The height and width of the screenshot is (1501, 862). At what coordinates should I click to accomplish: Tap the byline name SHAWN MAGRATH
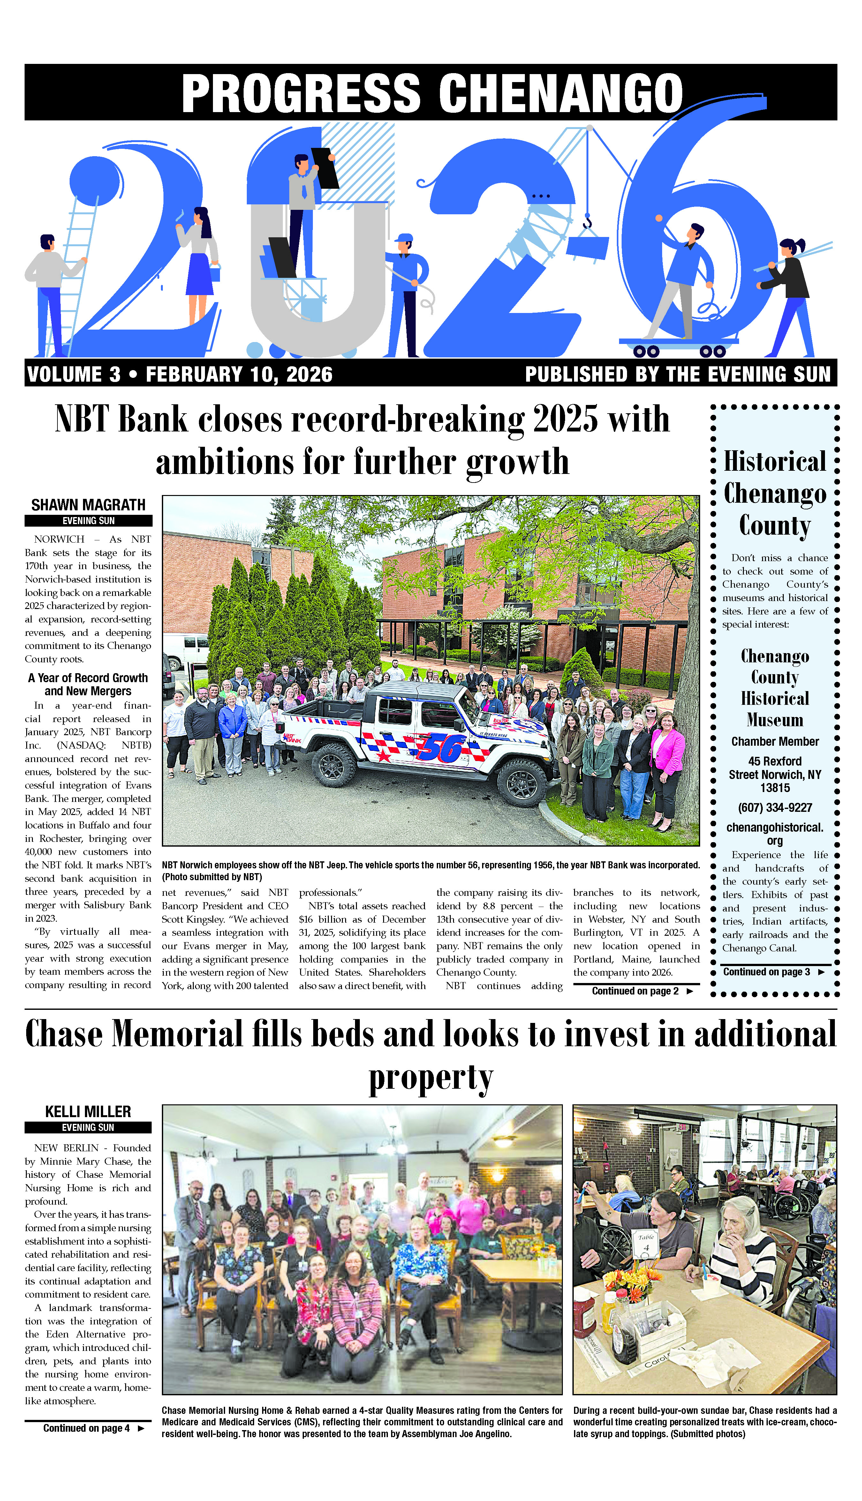pos(88,505)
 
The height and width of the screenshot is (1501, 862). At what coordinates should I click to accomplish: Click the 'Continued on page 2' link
pos(635,991)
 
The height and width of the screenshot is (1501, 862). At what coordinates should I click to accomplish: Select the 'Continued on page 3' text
pos(766,972)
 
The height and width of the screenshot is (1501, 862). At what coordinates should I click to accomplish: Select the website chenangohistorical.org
pos(775,833)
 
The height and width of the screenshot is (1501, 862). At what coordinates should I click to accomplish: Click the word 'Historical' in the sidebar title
pos(775,462)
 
